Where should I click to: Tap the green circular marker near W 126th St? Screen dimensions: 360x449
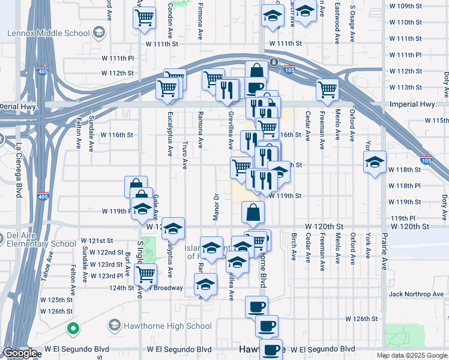(x=73, y=328)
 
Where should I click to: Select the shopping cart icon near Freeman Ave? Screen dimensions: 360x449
(x=327, y=89)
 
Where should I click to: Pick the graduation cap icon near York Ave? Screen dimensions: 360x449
(x=375, y=162)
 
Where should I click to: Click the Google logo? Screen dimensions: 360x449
(x=20, y=353)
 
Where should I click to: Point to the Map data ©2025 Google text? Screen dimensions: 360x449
(x=411, y=355)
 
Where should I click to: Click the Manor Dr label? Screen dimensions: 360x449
(x=215, y=205)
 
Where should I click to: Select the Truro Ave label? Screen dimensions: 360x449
(x=185, y=155)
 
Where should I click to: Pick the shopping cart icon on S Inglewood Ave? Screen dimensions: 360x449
(x=145, y=275)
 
